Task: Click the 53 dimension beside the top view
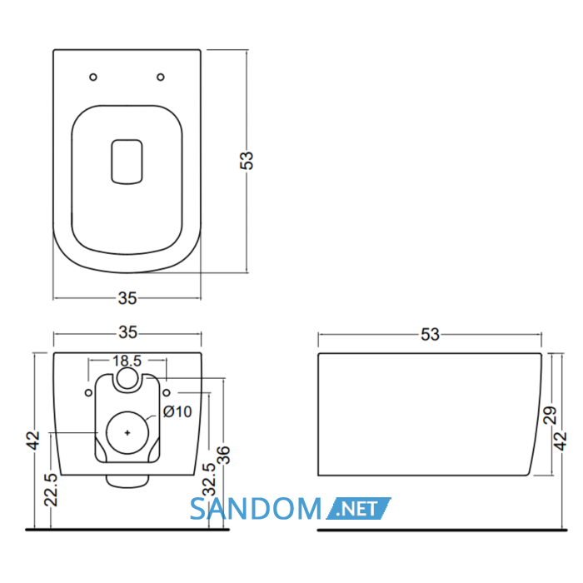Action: click(x=247, y=160)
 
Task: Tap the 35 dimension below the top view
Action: click(x=127, y=298)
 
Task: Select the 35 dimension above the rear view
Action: click(x=128, y=332)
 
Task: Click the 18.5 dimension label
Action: click(x=127, y=361)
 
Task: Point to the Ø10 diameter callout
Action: click(x=177, y=411)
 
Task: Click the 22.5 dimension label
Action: click(x=51, y=490)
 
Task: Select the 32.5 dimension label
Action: click(x=209, y=480)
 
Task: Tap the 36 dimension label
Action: click(x=223, y=455)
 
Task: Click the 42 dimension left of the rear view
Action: click(x=34, y=441)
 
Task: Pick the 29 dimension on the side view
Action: click(x=551, y=416)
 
